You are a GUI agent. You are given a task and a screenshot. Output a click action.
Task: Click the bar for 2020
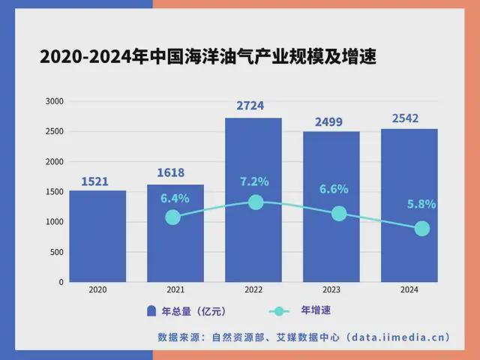[97, 236]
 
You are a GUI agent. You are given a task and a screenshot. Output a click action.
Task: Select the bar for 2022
[253, 240]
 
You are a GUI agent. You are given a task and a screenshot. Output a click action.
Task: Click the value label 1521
[97, 180]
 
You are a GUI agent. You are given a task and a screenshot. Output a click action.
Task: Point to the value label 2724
[253, 106]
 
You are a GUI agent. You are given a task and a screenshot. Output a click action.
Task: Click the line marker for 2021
[173, 217]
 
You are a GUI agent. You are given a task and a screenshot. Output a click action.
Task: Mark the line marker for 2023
[338, 213]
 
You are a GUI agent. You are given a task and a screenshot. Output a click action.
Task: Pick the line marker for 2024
[422, 228]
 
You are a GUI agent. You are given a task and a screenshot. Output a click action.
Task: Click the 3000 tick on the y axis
[55, 101]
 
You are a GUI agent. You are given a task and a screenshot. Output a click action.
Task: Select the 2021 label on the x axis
[175, 289]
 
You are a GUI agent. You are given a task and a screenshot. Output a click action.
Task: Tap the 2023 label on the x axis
[331, 289]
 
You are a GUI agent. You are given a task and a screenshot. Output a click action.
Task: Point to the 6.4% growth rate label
[175, 199]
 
